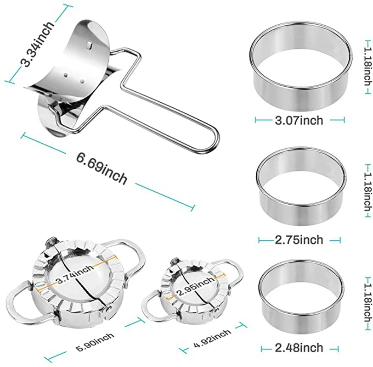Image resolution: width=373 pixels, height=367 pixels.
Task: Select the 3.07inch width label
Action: (x=299, y=120)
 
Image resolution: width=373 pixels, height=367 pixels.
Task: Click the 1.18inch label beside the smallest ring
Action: (x=366, y=299)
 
